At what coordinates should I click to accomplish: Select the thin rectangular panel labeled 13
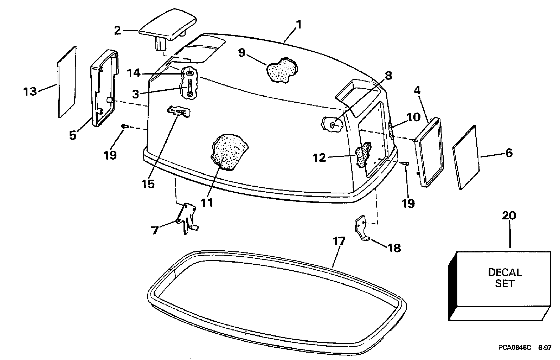click(67, 82)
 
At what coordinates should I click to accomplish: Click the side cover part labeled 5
click(104, 88)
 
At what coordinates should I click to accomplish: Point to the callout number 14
click(133, 73)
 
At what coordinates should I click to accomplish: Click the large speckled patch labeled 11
click(228, 152)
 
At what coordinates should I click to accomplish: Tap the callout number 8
click(388, 75)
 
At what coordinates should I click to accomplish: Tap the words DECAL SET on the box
click(504, 278)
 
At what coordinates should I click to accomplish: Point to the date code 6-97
click(544, 348)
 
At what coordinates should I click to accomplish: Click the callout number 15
click(149, 184)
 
